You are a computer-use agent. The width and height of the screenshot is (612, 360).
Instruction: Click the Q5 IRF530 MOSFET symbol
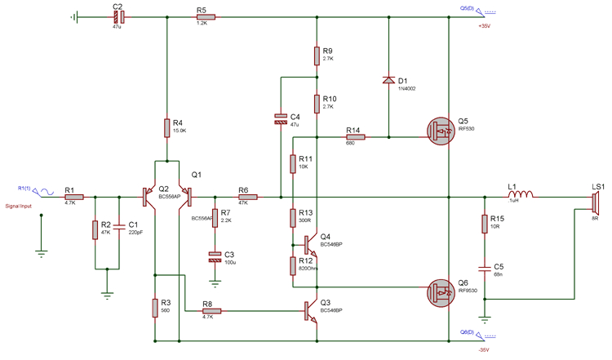441,130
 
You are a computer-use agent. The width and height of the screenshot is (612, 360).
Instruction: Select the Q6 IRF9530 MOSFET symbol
441,288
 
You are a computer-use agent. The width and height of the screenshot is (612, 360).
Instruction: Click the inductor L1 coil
519,197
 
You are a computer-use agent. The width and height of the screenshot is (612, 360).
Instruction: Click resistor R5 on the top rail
204,16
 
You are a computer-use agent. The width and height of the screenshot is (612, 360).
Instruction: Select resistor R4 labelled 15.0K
166,127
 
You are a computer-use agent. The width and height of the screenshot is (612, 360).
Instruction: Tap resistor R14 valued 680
354,138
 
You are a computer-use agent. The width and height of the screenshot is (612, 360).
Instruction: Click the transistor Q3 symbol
311,310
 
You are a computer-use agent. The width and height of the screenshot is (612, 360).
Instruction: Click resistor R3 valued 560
154,307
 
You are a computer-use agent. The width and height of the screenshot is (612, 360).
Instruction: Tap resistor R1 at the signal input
73,197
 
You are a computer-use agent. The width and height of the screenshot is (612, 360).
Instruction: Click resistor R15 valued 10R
484,224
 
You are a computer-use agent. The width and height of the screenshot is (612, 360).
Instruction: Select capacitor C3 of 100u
215,257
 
